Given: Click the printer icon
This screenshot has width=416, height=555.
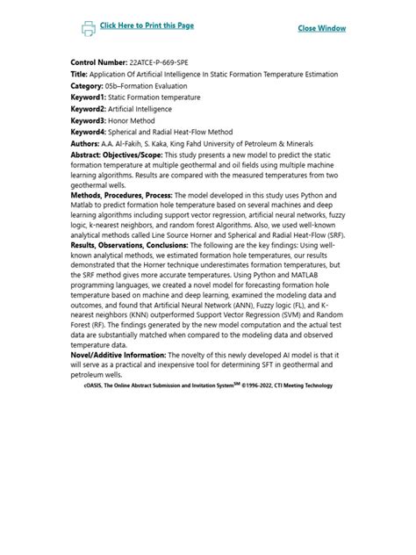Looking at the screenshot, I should [x=89, y=28].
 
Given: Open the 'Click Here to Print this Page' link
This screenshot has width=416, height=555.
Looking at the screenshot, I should [x=147, y=25].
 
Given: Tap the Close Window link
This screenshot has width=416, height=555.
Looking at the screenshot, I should [x=321, y=28].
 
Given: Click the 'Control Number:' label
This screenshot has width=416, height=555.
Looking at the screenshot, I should [x=98, y=63].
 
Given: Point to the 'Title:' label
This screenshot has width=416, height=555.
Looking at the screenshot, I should [x=80, y=75].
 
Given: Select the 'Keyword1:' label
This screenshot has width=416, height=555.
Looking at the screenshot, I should [x=90, y=97].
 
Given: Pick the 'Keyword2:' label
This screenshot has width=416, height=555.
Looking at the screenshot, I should [x=90, y=109].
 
